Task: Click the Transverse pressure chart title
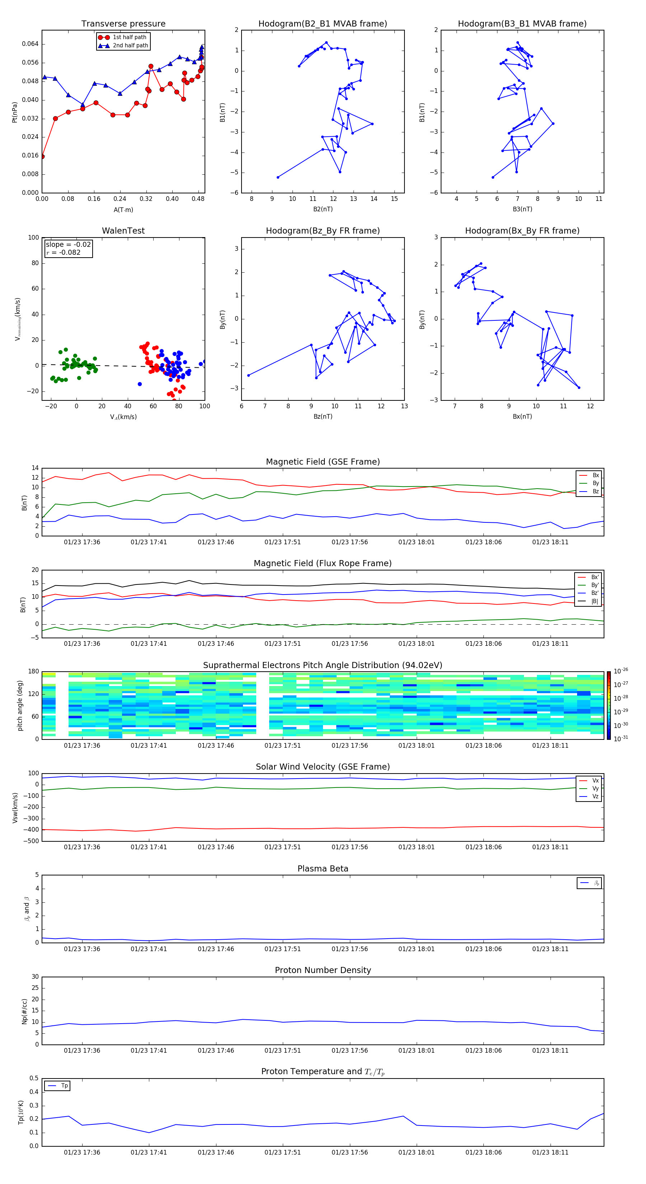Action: click(x=123, y=24)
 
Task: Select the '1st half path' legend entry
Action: click(x=129, y=37)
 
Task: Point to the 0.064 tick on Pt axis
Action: click(x=31, y=44)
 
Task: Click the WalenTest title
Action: click(x=123, y=231)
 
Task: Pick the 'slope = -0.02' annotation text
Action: click(x=68, y=245)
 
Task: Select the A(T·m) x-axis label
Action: click(x=123, y=210)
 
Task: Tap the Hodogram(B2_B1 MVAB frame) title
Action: click(x=322, y=24)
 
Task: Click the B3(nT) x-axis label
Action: click(x=522, y=209)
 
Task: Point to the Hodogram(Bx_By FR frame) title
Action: click(x=522, y=231)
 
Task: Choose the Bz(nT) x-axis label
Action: click(x=323, y=417)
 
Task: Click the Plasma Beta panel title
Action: click(x=323, y=869)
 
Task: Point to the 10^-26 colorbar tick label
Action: click(x=621, y=671)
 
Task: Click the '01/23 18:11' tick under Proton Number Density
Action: click(x=550, y=1050)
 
